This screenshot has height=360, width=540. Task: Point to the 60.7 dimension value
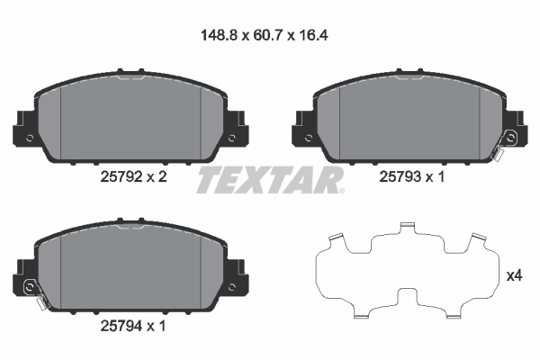(x=269, y=39)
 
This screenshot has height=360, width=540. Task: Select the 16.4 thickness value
(x=318, y=39)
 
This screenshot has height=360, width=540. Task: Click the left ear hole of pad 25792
(x=31, y=138)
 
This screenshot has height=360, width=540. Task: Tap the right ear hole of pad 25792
(x=232, y=138)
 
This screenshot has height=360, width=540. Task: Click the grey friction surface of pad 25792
(x=131, y=121)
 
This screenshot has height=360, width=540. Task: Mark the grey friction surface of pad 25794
(x=131, y=270)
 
